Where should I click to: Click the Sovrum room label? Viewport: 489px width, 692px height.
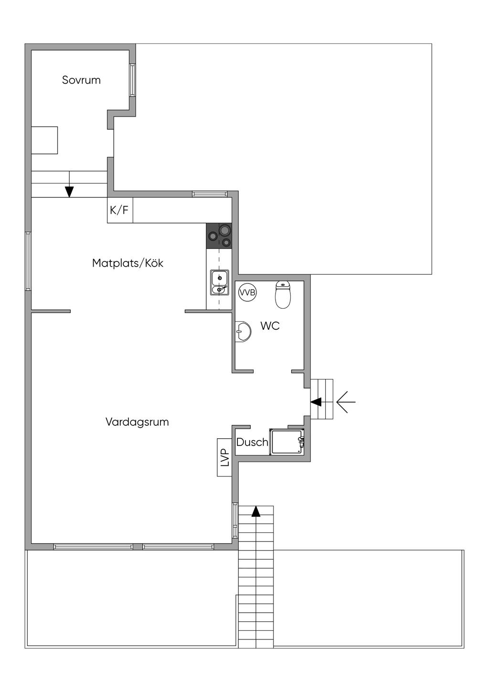tap(81, 80)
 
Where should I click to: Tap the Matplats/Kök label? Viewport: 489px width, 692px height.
tap(128, 263)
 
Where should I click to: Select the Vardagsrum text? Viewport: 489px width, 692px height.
tap(137, 422)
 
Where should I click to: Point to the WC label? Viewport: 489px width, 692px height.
tap(270, 326)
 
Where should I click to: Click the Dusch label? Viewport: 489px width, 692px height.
tap(252, 443)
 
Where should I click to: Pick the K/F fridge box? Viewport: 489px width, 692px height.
tap(120, 210)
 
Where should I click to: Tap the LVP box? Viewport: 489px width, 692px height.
tap(225, 457)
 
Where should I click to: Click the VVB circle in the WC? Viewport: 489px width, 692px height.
tap(247, 292)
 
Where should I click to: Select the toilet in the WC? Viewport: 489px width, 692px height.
tap(283, 294)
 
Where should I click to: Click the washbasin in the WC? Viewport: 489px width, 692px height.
tap(243, 332)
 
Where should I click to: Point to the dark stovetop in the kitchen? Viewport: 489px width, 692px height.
tap(219, 236)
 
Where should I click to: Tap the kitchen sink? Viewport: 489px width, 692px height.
tap(220, 282)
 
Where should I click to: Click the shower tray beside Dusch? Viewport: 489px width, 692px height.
tap(287, 442)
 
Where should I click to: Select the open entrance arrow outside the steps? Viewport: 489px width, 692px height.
tap(346, 402)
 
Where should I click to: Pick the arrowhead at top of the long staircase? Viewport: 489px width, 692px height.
tap(256, 512)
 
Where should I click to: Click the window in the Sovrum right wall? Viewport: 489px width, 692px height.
tap(132, 80)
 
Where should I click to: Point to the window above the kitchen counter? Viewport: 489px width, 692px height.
tap(210, 194)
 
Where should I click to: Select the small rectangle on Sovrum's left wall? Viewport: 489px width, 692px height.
tap(44, 140)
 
